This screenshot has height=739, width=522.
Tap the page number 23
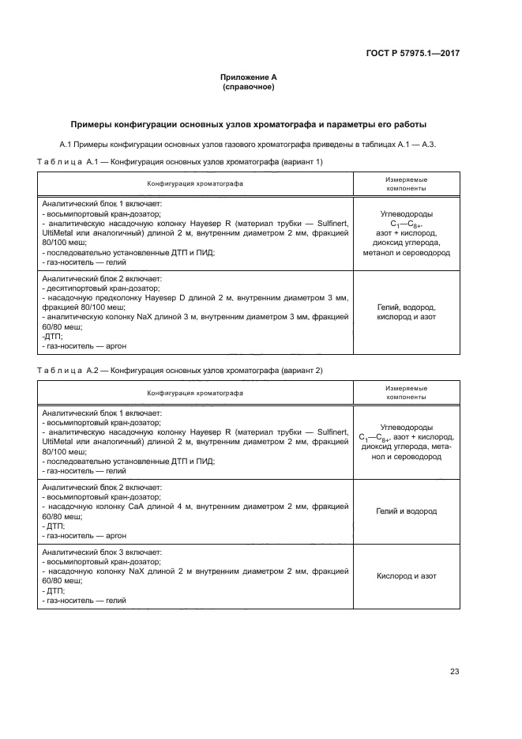click(x=454, y=672)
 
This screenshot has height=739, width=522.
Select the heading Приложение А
click(x=249, y=77)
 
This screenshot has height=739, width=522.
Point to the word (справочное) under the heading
click(x=249, y=87)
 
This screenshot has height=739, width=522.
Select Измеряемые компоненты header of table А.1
click(x=406, y=184)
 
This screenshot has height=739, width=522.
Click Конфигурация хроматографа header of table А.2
click(x=194, y=393)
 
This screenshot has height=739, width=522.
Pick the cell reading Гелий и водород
click(x=406, y=511)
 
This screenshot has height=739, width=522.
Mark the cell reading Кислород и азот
click(x=406, y=576)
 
